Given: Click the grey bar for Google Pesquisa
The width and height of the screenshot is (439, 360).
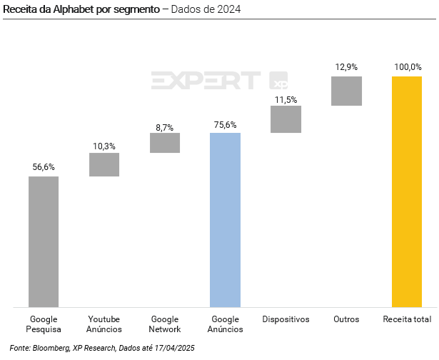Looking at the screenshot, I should click(44, 241).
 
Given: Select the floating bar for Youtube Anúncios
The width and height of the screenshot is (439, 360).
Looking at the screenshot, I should click(104, 164).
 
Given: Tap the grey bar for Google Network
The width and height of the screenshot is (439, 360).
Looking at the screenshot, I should click(165, 142).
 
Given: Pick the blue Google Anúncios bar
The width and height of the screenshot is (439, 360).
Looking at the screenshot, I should click(226, 220).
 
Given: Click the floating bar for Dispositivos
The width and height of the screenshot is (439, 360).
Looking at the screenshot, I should click(286, 119).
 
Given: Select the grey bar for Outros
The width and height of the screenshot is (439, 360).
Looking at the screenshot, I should click(346, 91).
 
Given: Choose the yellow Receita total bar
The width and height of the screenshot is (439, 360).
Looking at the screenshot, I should click(407, 191).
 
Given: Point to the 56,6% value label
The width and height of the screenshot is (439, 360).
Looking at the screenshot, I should click(44, 167).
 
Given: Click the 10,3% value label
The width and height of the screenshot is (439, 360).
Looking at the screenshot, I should click(104, 146).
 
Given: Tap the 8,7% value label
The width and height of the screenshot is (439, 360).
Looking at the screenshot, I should click(165, 127).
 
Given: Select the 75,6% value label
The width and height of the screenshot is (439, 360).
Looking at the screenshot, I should click(226, 125).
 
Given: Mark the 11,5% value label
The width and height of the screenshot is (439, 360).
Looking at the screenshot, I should click(286, 100).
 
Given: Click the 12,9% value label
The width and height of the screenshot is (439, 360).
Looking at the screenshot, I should click(346, 67).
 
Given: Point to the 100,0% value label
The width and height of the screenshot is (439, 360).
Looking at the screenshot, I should click(407, 67).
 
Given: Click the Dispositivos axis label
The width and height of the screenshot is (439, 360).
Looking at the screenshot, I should click(286, 319).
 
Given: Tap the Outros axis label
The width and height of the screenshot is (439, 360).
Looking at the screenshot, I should click(346, 319).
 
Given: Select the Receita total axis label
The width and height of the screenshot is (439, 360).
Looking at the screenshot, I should click(407, 319).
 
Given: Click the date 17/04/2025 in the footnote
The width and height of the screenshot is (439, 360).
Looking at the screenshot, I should click(172, 347).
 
